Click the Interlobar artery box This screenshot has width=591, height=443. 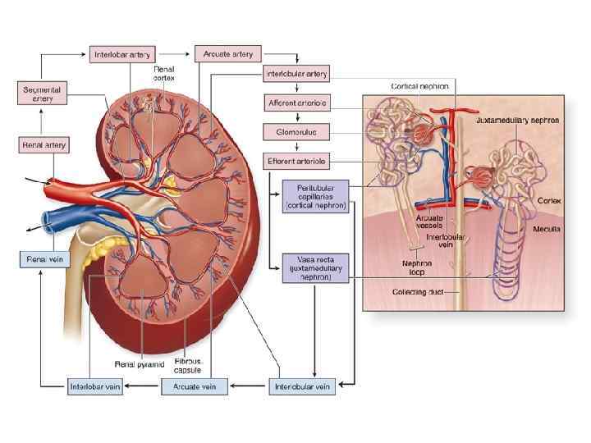click(121, 55)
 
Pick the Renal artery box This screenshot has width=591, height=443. click(44, 145)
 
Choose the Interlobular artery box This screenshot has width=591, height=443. click(297, 74)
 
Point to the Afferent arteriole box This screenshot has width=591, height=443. click(297, 103)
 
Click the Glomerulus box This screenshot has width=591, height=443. click(297, 131)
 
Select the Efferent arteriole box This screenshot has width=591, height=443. click(297, 160)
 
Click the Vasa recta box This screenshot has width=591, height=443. click(314, 267)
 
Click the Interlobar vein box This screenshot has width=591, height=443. click(95, 385)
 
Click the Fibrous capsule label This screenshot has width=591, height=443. click(187, 365)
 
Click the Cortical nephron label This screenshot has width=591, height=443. click(419, 84)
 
